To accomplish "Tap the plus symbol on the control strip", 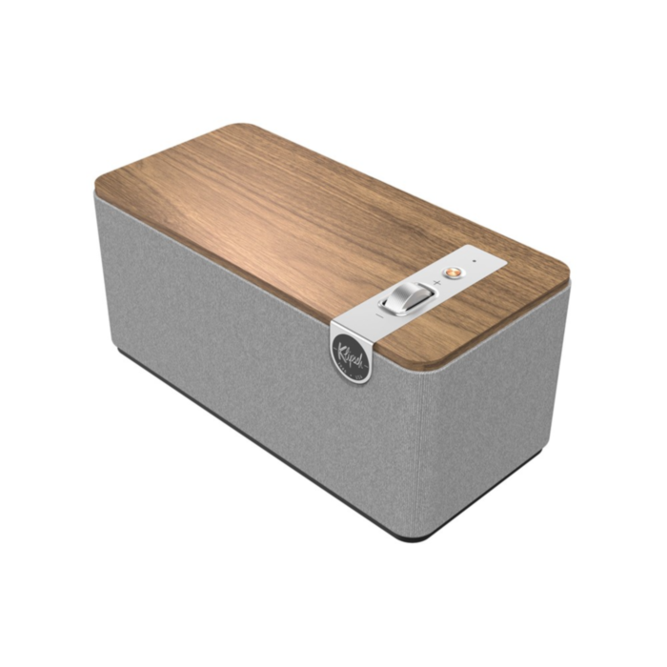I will tap(437, 282).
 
